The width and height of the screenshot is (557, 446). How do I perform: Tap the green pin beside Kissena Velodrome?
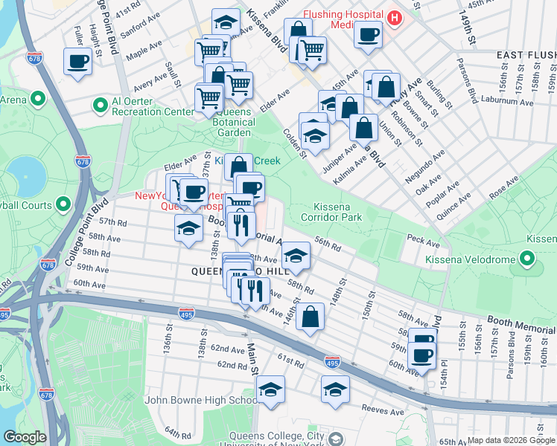click(x=528, y=259)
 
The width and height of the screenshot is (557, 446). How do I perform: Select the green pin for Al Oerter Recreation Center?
click(x=100, y=103)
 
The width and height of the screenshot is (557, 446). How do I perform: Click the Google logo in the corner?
click(x=25, y=437)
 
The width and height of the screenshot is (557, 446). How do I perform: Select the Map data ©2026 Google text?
click(x=510, y=440)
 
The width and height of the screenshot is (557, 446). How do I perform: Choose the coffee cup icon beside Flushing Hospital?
click(x=367, y=33)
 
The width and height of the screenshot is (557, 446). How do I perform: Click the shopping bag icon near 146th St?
click(x=310, y=317)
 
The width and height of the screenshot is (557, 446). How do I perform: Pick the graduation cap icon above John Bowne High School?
click(x=270, y=389)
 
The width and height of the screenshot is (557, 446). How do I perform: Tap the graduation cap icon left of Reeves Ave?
click(x=335, y=389)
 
